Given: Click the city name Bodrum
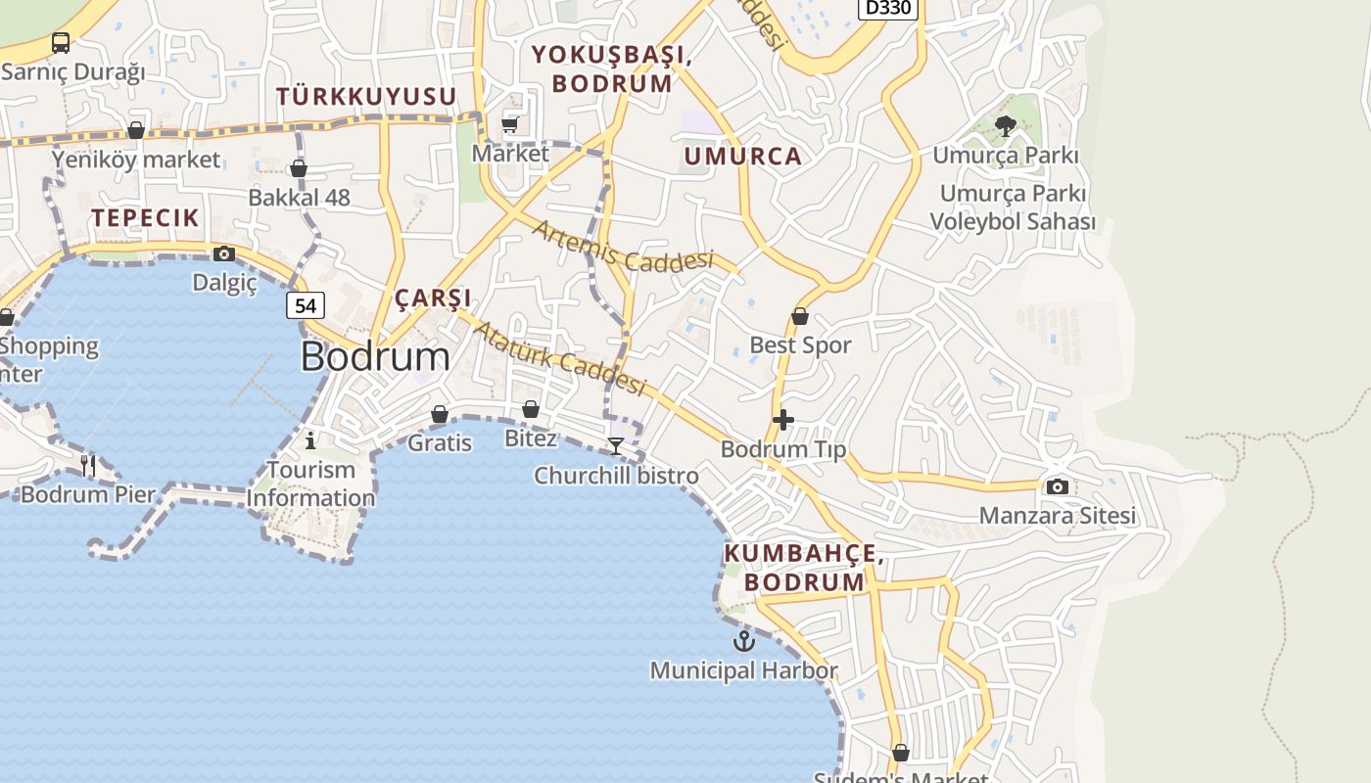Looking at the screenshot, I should click(x=375, y=356).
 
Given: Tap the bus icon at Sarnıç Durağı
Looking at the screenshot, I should click(x=61, y=42).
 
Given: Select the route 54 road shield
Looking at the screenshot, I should click(x=306, y=305).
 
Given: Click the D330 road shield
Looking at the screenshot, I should click(x=887, y=8).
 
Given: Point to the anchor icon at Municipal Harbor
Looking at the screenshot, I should click(x=744, y=641).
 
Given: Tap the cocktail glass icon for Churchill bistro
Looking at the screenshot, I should click(x=616, y=446).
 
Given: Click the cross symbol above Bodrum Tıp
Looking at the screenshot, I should click(x=783, y=420).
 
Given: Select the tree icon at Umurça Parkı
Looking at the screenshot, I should click(x=1005, y=125).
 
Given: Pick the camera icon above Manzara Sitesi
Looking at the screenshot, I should click(x=1058, y=486).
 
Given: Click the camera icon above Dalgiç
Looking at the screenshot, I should click(x=224, y=254).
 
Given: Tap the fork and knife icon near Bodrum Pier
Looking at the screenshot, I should click(x=88, y=465).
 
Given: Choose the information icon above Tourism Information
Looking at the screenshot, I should click(x=310, y=439).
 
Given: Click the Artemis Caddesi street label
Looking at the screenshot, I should click(x=623, y=246).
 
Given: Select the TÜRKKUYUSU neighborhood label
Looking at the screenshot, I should click(x=366, y=96).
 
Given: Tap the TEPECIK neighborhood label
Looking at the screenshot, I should click(x=146, y=217).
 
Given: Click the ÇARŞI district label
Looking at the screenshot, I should click(x=433, y=298).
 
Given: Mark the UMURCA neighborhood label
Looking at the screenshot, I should click(x=742, y=156).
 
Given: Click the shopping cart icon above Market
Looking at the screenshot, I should click(x=510, y=124).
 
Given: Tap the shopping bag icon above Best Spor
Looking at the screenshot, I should click(x=800, y=316).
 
